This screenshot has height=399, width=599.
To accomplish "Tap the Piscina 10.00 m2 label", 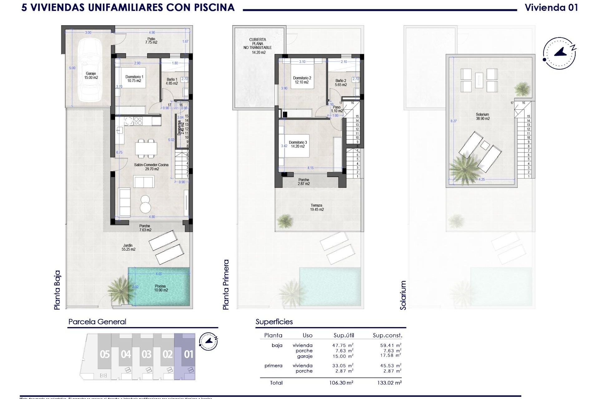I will [x=161, y=288].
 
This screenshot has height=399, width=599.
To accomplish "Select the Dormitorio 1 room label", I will [x=134, y=79].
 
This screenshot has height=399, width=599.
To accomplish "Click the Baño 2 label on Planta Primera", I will [x=341, y=83].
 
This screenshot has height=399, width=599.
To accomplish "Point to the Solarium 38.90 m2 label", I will [x=482, y=117].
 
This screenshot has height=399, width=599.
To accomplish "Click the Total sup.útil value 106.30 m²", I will [x=342, y=383].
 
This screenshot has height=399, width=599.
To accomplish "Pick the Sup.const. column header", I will [x=387, y=335].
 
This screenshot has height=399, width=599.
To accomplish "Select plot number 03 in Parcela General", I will [x=146, y=354].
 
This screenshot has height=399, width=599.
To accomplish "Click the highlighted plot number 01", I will [x=188, y=354].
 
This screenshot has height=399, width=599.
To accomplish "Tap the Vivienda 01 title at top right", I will [x=551, y=7].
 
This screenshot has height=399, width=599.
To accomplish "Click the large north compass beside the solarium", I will [x=559, y=53].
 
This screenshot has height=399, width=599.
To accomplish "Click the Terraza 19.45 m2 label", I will [x=317, y=207].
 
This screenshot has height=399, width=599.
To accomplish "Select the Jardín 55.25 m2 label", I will [x=128, y=248].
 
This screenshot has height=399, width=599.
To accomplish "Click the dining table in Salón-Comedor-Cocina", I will [x=146, y=148].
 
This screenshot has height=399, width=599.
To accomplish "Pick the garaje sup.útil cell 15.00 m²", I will [x=343, y=356].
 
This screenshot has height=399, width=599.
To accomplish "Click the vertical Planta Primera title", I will [x=226, y=284].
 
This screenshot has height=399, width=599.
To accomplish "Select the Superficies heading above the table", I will [x=274, y=322].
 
